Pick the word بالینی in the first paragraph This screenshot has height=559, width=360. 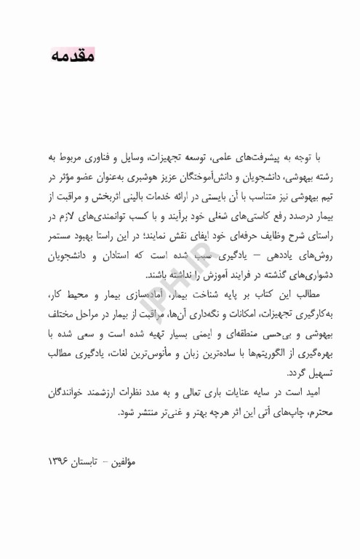pos(137,197)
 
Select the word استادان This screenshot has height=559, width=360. pos(116,256)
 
